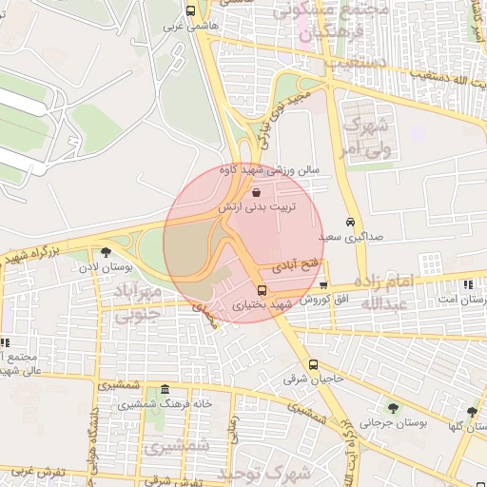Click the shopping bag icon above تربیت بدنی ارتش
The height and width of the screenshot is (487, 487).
tap(260, 189)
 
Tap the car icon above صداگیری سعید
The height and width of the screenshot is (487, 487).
tap(351, 221)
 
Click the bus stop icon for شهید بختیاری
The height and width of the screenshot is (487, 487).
tap(263, 290)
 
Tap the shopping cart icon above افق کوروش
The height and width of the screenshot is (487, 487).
tap(324, 283)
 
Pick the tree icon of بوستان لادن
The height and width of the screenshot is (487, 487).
tap(105, 252)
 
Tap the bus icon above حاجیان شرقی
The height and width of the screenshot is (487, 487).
tap(313, 364)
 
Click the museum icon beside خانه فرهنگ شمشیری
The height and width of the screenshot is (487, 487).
tap(166, 390)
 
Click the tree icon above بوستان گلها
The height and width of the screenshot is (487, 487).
tap(472, 412)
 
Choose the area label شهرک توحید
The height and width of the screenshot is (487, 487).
tap(276, 472)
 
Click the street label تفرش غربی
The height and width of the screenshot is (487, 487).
tap(36, 471)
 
